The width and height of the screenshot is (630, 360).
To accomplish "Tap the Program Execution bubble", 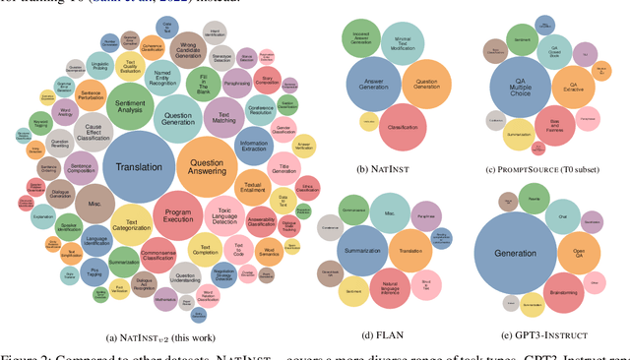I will pos(178,218).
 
